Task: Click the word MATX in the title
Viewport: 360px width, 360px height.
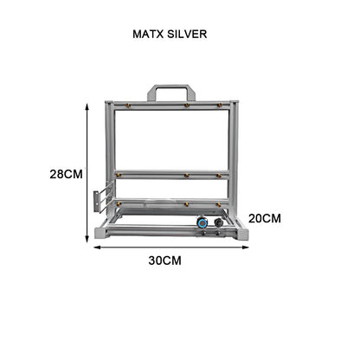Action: coord(150,36)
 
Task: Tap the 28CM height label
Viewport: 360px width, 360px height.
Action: coord(67,173)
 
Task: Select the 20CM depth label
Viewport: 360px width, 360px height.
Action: coord(265,218)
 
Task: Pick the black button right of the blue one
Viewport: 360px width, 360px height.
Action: coord(218,222)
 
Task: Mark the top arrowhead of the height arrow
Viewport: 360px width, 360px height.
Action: coord(89,105)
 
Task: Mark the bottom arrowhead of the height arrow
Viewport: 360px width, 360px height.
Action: coord(89,238)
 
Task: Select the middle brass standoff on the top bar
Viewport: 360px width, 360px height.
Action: coord(186,106)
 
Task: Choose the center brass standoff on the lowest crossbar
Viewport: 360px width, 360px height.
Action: coord(185,204)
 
